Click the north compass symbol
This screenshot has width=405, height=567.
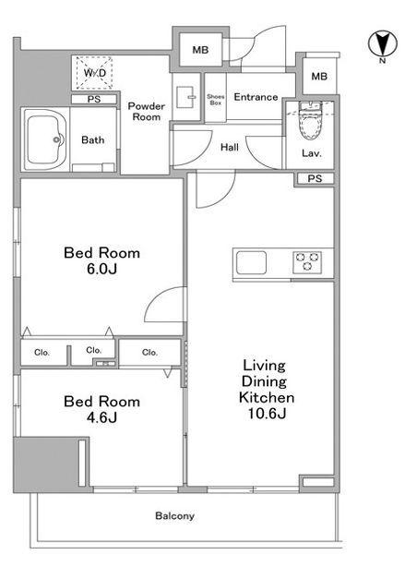[x=383, y=44]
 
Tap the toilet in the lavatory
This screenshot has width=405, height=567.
[x=310, y=121]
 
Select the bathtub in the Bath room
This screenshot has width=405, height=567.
[x=45, y=140]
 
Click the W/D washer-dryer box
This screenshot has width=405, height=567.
[x=94, y=73]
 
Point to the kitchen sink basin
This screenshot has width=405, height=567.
[x=251, y=262]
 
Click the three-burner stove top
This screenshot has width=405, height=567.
[x=307, y=261]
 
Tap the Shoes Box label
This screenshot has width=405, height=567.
[x=215, y=100]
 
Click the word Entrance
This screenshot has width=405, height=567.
[x=256, y=97]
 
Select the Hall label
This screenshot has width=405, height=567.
[x=230, y=147]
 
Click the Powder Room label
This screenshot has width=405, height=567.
[x=147, y=112]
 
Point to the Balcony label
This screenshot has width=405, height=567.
[x=175, y=516]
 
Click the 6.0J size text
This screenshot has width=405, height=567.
[x=101, y=269]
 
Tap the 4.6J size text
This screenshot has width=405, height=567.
[x=101, y=418]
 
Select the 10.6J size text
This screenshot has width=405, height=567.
[x=267, y=414]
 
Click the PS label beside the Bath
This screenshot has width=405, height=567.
[x=94, y=99]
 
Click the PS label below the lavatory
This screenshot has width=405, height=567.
[x=315, y=178]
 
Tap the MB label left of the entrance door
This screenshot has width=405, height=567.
[x=200, y=50]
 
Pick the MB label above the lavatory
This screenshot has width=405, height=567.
[x=319, y=77]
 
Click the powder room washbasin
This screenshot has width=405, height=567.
[x=186, y=97]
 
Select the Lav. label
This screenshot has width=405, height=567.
[x=312, y=153]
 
